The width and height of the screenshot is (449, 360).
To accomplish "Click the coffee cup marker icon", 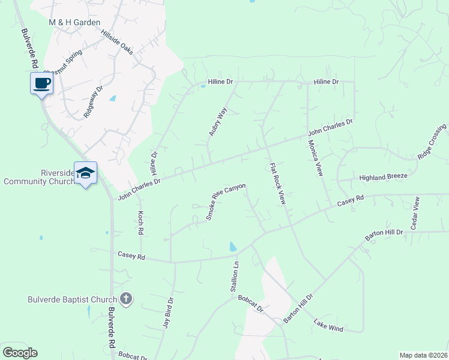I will (x=41, y=83).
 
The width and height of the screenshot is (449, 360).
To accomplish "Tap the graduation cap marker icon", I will (x=86, y=173).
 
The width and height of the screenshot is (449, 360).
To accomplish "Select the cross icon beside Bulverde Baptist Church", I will (x=126, y=298).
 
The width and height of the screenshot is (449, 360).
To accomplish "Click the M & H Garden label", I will (x=74, y=23).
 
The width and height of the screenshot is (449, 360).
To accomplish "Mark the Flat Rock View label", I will (x=277, y=184).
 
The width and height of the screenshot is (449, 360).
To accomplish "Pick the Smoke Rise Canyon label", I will (x=226, y=202).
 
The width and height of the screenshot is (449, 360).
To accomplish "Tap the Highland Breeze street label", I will (x=383, y=176).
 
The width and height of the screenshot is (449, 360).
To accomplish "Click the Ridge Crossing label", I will (x=432, y=142).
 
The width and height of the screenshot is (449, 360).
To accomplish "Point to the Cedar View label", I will (x=414, y=213).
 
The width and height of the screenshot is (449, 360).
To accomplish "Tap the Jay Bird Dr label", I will (x=169, y=313).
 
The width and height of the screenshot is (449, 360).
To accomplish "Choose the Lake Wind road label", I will (x=328, y=326).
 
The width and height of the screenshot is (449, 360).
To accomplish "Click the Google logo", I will (x=20, y=352).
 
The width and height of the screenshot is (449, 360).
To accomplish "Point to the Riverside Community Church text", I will (x=38, y=177).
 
